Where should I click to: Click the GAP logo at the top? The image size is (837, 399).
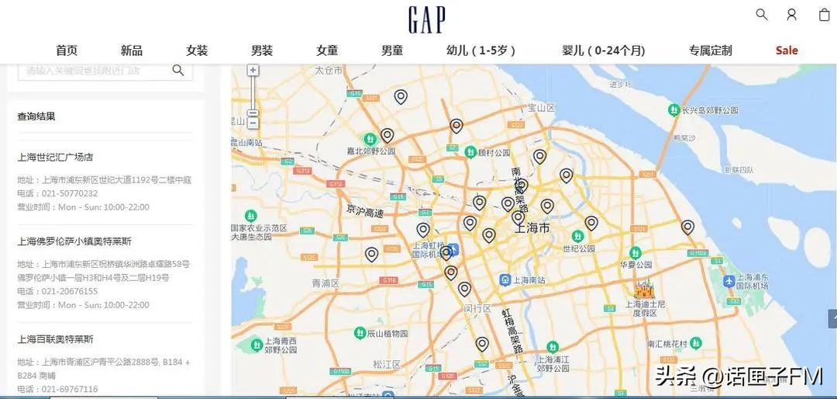427,19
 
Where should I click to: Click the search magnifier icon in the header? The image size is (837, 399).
762,14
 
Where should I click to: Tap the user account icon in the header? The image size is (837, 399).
791,14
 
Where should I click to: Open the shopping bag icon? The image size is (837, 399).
824,14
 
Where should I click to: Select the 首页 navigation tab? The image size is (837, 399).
67,50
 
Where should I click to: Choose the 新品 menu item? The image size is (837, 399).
132,50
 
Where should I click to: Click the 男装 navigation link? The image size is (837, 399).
262,50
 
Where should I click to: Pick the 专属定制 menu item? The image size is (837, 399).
710,50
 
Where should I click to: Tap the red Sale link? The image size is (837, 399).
787,50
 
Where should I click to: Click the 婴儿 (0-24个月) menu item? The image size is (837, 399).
604,50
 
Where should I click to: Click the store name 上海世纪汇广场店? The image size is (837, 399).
56,157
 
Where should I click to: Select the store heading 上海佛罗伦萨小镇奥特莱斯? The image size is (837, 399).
74,241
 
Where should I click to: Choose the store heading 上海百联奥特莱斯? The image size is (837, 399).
56,339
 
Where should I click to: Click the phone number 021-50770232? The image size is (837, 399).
70,193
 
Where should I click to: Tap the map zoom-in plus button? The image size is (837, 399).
253,70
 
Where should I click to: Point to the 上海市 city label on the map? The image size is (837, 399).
532,228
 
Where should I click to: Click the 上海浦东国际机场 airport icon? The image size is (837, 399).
728,280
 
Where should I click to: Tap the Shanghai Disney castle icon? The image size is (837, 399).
643,290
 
